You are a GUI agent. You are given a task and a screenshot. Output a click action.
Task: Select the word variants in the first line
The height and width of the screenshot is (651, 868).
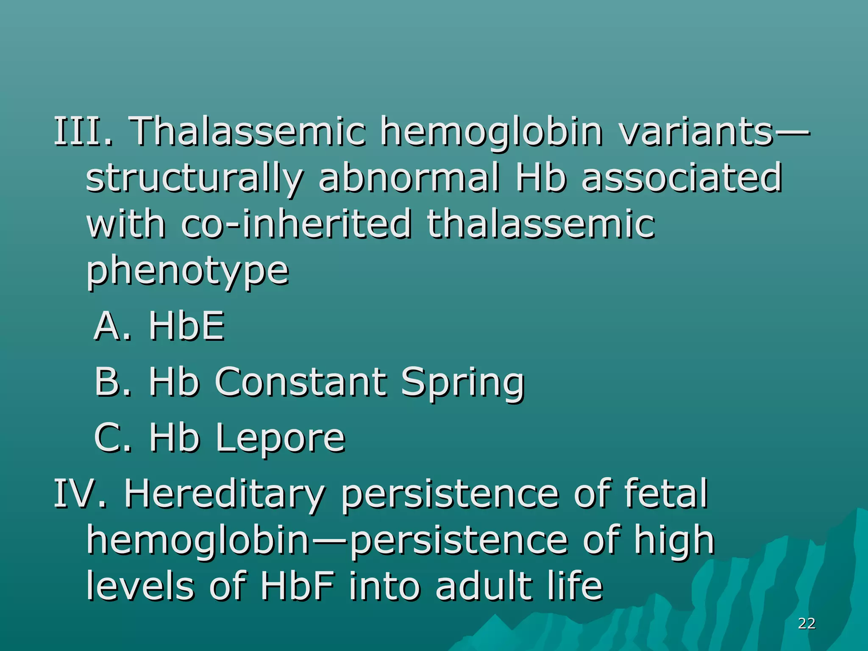[696, 131]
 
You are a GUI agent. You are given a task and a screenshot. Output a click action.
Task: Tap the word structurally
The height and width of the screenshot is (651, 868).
[195, 178]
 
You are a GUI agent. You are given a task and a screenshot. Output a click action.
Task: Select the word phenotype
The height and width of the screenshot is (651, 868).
[188, 271]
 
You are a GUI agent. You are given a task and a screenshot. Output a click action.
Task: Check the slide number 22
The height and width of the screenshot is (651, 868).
[807, 623]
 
